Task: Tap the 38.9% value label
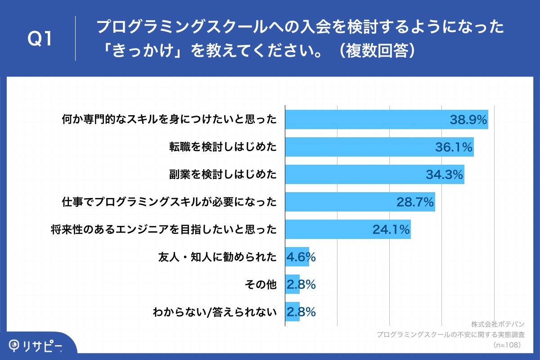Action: [468, 120]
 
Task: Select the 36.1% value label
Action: [454, 147]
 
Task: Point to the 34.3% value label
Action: [445, 175]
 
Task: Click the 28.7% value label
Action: [415, 202]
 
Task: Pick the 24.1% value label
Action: [391, 229]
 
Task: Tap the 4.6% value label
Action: [301, 257]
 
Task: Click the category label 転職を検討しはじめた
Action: [223, 147]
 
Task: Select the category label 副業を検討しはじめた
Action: [223, 175]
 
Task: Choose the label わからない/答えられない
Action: [214, 312]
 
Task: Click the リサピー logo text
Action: [43, 345]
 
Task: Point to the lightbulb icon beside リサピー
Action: [15, 345]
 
